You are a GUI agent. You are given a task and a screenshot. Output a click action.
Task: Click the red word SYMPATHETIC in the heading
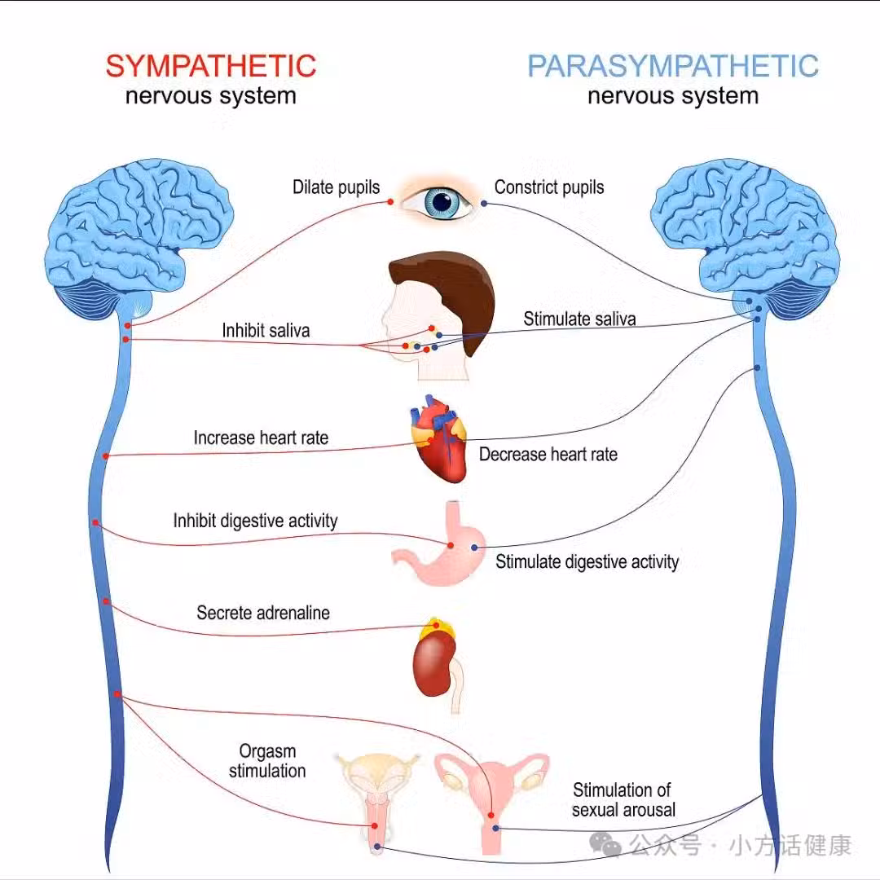click(x=210, y=66)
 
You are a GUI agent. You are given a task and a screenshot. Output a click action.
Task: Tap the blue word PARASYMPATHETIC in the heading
click(x=672, y=66)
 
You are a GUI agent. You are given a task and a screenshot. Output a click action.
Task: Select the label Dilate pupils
click(x=336, y=187)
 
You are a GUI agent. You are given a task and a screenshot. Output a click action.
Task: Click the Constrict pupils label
click(x=549, y=187)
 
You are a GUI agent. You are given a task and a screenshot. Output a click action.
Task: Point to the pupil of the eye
click(x=444, y=201)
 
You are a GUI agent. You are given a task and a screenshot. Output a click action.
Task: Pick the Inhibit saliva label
click(x=266, y=331)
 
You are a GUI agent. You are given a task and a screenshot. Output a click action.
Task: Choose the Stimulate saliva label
click(x=579, y=319)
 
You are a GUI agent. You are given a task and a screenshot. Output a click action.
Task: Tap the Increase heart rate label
click(x=261, y=438)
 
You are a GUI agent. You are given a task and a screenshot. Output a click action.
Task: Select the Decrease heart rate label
click(x=548, y=455)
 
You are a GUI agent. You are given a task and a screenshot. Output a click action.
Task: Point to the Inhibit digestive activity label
click(x=255, y=521)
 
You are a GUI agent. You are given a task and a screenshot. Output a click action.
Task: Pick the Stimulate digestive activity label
click(x=587, y=561)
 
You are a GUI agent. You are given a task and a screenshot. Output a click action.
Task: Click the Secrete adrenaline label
click(x=263, y=613)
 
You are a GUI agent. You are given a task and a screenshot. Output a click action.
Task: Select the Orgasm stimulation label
click(x=267, y=761)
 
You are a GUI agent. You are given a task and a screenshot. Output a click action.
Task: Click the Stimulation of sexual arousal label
click(x=623, y=799)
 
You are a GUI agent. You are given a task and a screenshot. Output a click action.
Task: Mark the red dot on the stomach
click(x=449, y=545)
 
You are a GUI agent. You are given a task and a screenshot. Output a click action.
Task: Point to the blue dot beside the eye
click(x=484, y=203)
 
